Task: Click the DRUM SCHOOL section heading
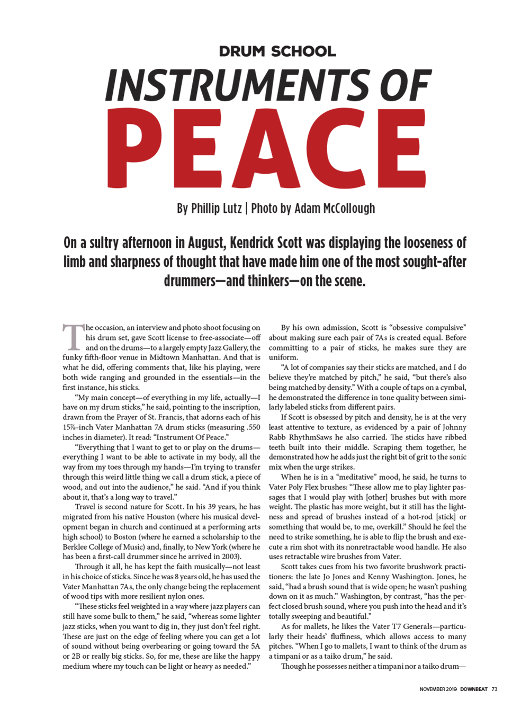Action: point(277,51)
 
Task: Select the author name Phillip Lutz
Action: point(216,208)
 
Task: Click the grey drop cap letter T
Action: point(73,337)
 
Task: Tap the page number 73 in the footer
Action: point(495,689)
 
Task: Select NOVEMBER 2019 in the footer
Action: point(438,689)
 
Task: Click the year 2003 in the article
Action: point(229,557)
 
